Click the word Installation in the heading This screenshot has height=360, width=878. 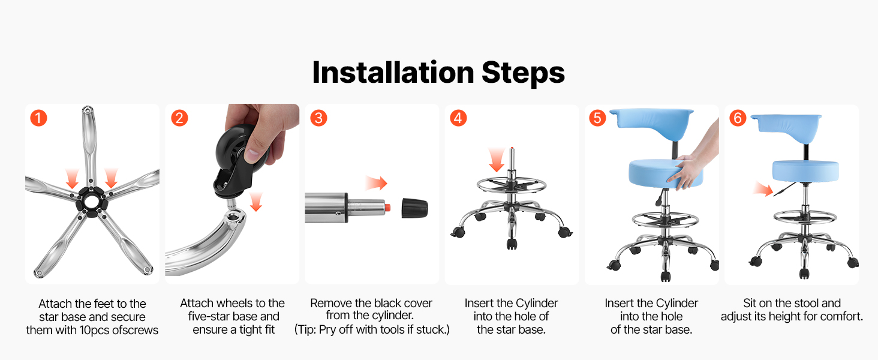tap(393, 73)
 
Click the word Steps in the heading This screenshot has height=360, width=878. tap(524, 73)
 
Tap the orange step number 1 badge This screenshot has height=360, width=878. tap(39, 118)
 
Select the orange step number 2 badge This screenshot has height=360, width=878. tap(179, 118)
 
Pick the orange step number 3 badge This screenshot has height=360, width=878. tap(318, 118)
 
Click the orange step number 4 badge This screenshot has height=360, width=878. tap(458, 118)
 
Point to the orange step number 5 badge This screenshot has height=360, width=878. tap(598, 118)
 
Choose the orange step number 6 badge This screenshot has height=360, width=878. tap(738, 118)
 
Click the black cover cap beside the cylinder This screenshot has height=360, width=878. tap(414, 208)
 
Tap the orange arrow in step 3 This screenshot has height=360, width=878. tap(376, 183)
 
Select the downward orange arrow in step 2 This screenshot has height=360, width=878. tap(256, 202)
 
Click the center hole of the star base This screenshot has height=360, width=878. tap(91, 202)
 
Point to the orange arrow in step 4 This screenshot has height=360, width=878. tap(497, 160)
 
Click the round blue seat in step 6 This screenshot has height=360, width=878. tap(805, 171)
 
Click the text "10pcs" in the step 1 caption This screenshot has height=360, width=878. tap(95, 330)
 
